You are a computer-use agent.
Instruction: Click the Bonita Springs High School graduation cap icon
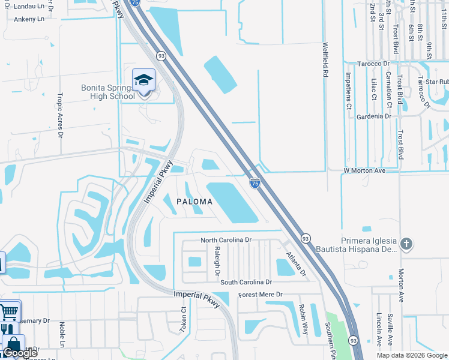coord(143,80)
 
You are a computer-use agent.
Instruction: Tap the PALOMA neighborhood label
coord(194,202)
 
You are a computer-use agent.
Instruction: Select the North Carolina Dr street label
coord(225,240)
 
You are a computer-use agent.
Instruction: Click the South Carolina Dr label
coord(246,282)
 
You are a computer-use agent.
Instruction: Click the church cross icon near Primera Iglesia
coord(406,244)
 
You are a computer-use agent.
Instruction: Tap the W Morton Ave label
coord(364,170)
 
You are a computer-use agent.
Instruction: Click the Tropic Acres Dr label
coord(59,107)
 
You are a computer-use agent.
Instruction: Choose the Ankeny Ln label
coord(29,19)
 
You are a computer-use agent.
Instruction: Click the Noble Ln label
coord(62,334)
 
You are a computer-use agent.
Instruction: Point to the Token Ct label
coord(184,320)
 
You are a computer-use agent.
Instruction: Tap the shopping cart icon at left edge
coord(9,312)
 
